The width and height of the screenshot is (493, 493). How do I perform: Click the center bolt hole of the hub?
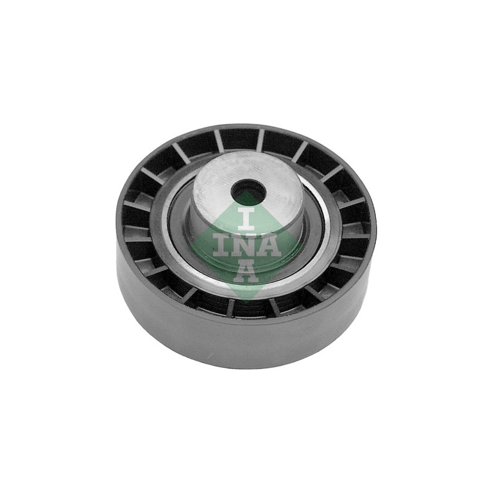coord(247,189)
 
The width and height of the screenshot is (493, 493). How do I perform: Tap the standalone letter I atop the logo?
coord(246,218)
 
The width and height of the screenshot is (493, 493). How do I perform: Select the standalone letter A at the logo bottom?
coord(246,271)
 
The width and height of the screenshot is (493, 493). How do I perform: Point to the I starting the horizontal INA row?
coord(221,245)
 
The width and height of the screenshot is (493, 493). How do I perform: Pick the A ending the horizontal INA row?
coord(269,245)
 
